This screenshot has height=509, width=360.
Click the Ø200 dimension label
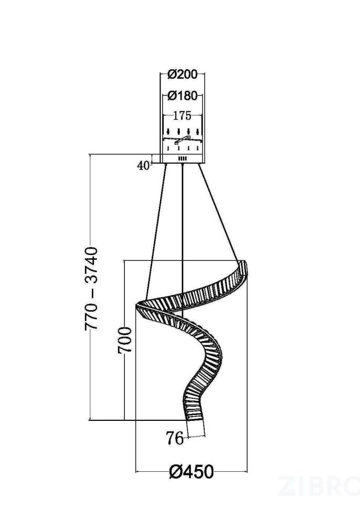[x=182, y=75]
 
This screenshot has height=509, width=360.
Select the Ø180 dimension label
[x=182, y=96]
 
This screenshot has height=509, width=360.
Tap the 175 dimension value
[x=182, y=116]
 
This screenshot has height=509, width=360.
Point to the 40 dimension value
[x=143, y=165]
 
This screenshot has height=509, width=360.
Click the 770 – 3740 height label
[x=91, y=289]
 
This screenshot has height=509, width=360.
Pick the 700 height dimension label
[x=125, y=340]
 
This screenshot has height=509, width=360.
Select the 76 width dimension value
[x=175, y=439]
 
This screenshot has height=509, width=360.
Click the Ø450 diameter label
[x=192, y=472]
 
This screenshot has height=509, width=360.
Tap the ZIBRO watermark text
[x=318, y=486]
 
